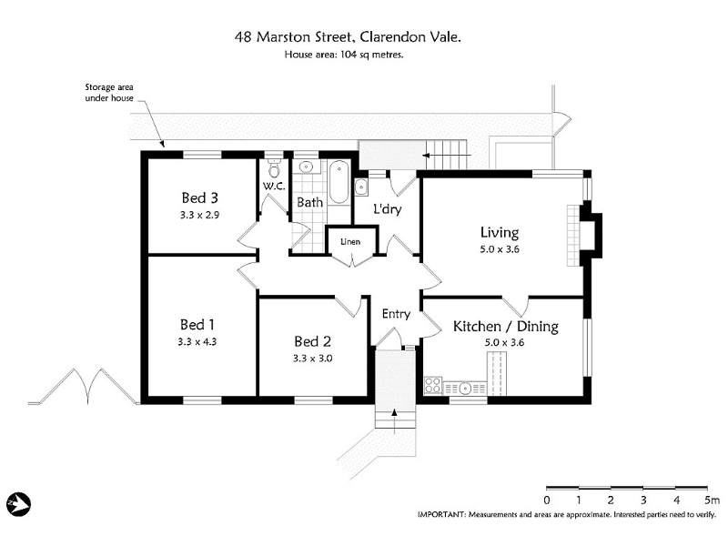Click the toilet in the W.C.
point(275,169)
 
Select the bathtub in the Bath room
point(339,182)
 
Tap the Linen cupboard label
point(350,242)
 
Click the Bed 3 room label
point(199,198)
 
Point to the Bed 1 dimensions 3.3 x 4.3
point(197,342)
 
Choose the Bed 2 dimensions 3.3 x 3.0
point(312,359)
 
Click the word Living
point(500,233)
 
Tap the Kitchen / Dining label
point(506,327)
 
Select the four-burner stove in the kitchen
point(433,385)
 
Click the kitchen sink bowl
point(465,388)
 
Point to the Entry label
point(396,314)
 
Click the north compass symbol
point(18,504)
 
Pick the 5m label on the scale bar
point(712,500)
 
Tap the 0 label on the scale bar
point(547,500)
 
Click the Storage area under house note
point(109,93)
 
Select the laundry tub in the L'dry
point(361,187)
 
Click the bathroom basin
point(306,167)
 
